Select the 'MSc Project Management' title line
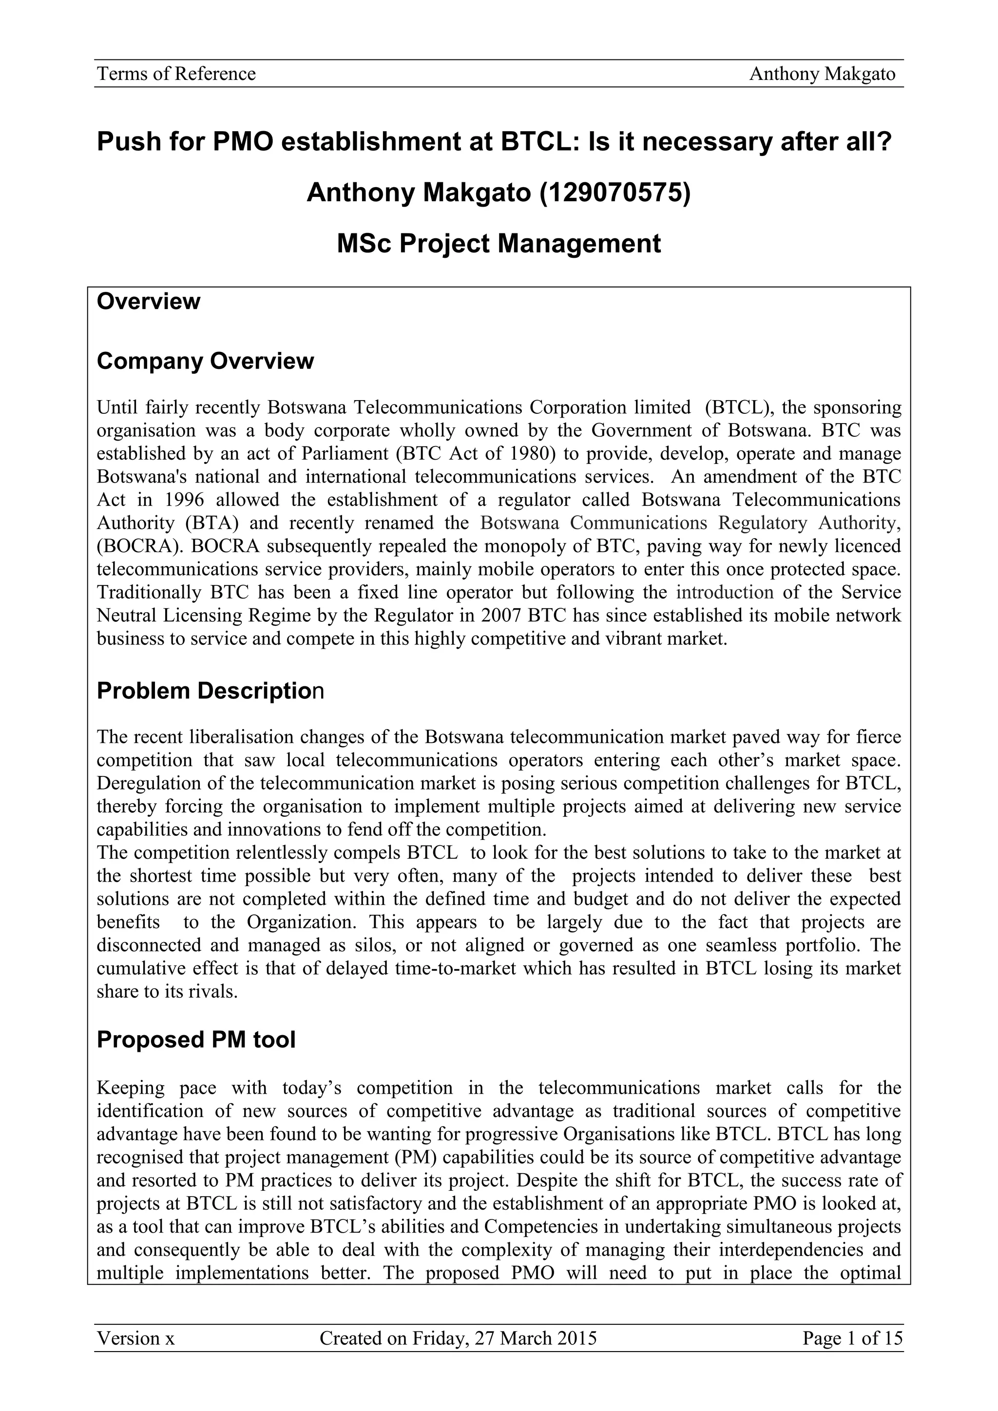tap(499, 243)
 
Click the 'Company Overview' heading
tap(205, 361)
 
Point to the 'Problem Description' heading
tap(210, 691)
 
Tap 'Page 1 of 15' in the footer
tap(852, 1338)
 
